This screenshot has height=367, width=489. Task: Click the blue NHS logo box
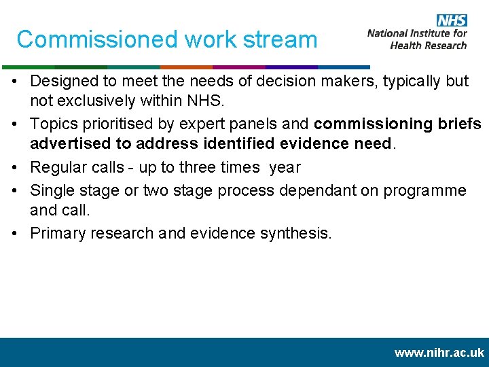[452, 20]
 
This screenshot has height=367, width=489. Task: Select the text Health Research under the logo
[429, 45]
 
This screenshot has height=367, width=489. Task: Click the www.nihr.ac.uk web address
[439, 353]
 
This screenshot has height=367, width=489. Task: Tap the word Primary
[58, 233]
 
